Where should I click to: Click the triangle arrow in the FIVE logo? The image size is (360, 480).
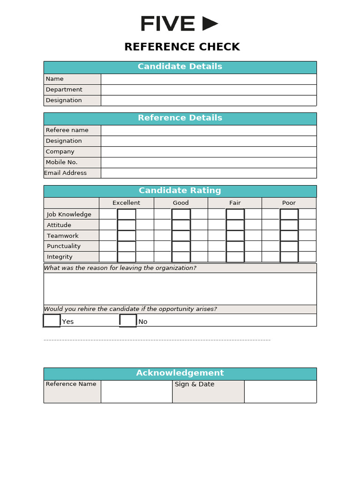[210, 24]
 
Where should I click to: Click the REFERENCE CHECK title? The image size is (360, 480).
[182, 47]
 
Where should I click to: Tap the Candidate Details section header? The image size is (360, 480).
[180, 67]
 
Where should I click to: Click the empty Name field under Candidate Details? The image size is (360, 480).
[208, 79]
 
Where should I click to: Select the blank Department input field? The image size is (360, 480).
[208, 90]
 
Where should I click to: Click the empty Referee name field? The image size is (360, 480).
[208, 130]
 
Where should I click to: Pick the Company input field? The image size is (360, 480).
[208, 152]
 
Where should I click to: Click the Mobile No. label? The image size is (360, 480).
[61, 162]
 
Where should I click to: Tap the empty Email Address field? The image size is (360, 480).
[208, 173]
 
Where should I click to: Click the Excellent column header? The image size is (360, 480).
[126, 203]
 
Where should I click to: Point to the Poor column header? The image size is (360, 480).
[289, 203]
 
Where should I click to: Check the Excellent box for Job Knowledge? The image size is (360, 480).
[127, 214]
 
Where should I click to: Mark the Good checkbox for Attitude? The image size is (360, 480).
[181, 225]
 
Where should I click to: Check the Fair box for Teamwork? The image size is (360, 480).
[235, 236]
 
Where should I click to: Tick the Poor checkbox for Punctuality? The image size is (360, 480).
[289, 246]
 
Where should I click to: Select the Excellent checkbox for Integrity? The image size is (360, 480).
[127, 257]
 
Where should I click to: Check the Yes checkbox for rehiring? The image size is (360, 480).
[52, 321]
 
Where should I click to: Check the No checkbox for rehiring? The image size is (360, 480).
[128, 321]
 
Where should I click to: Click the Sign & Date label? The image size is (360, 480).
[195, 384]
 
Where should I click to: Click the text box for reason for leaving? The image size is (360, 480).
[180, 289]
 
